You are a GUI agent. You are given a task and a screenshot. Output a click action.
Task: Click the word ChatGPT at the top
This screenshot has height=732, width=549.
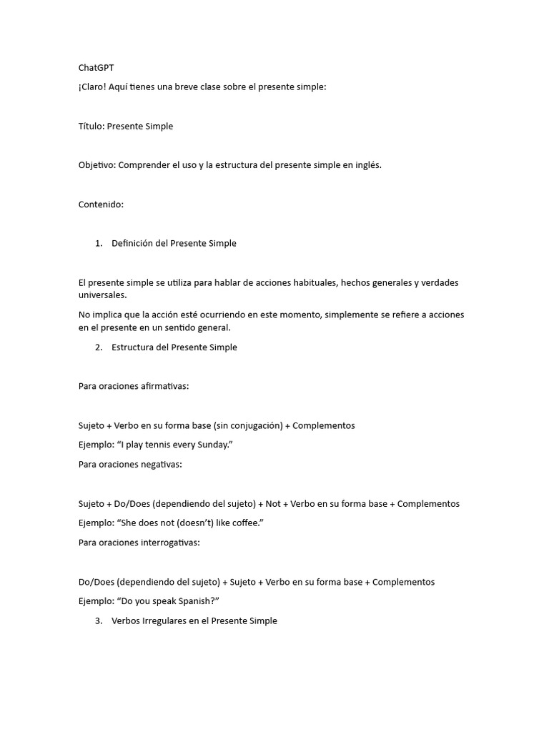click(96, 68)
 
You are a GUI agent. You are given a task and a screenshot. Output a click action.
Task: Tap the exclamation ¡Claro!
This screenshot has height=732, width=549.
click(94, 87)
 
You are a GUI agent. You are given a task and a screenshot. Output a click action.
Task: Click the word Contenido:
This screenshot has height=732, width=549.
click(101, 204)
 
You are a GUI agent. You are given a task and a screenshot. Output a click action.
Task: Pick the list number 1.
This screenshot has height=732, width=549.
click(98, 244)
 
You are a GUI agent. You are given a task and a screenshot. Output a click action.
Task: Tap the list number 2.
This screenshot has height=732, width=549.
click(98, 347)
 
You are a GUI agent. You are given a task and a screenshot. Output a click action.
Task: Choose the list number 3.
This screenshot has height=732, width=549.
click(98, 621)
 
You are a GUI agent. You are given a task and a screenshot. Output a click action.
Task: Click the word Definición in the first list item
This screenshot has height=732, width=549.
click(132, 244)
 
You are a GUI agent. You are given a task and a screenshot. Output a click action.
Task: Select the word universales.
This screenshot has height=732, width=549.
click(102, 295)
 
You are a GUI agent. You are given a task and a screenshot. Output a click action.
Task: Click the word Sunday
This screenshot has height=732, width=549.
click(214, 445)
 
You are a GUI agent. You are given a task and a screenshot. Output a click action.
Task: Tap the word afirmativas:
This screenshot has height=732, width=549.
click(165, 387)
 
